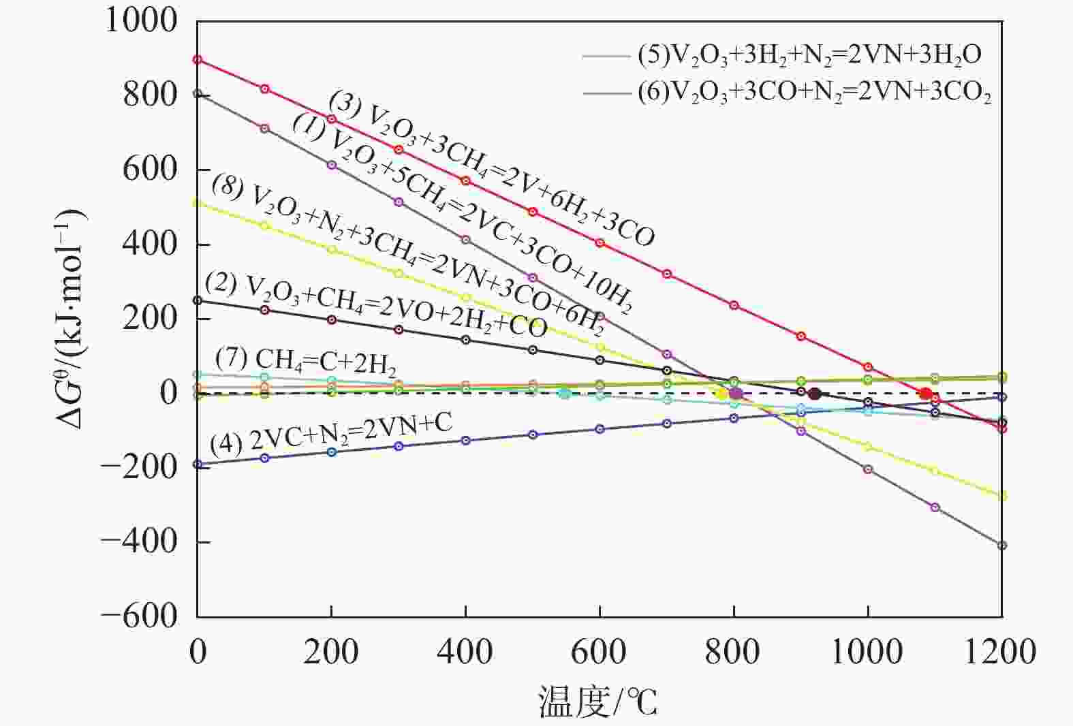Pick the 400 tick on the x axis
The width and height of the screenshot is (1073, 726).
[465, 652]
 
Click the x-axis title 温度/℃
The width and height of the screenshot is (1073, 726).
[598, 701]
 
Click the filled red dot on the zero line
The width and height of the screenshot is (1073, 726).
[925, 394]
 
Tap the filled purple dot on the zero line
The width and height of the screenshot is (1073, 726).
[736, 393]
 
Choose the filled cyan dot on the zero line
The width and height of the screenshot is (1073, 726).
[564, 393]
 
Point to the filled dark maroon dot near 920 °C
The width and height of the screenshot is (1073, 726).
[814, 394]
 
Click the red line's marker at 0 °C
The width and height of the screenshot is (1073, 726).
[198, 60]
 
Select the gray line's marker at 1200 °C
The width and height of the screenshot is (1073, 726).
[1001, 546]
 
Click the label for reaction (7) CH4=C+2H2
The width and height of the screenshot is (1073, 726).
[306, 360]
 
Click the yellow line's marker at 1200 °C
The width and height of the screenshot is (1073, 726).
[1001, 496]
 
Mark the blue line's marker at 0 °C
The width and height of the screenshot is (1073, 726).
[198, 464]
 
